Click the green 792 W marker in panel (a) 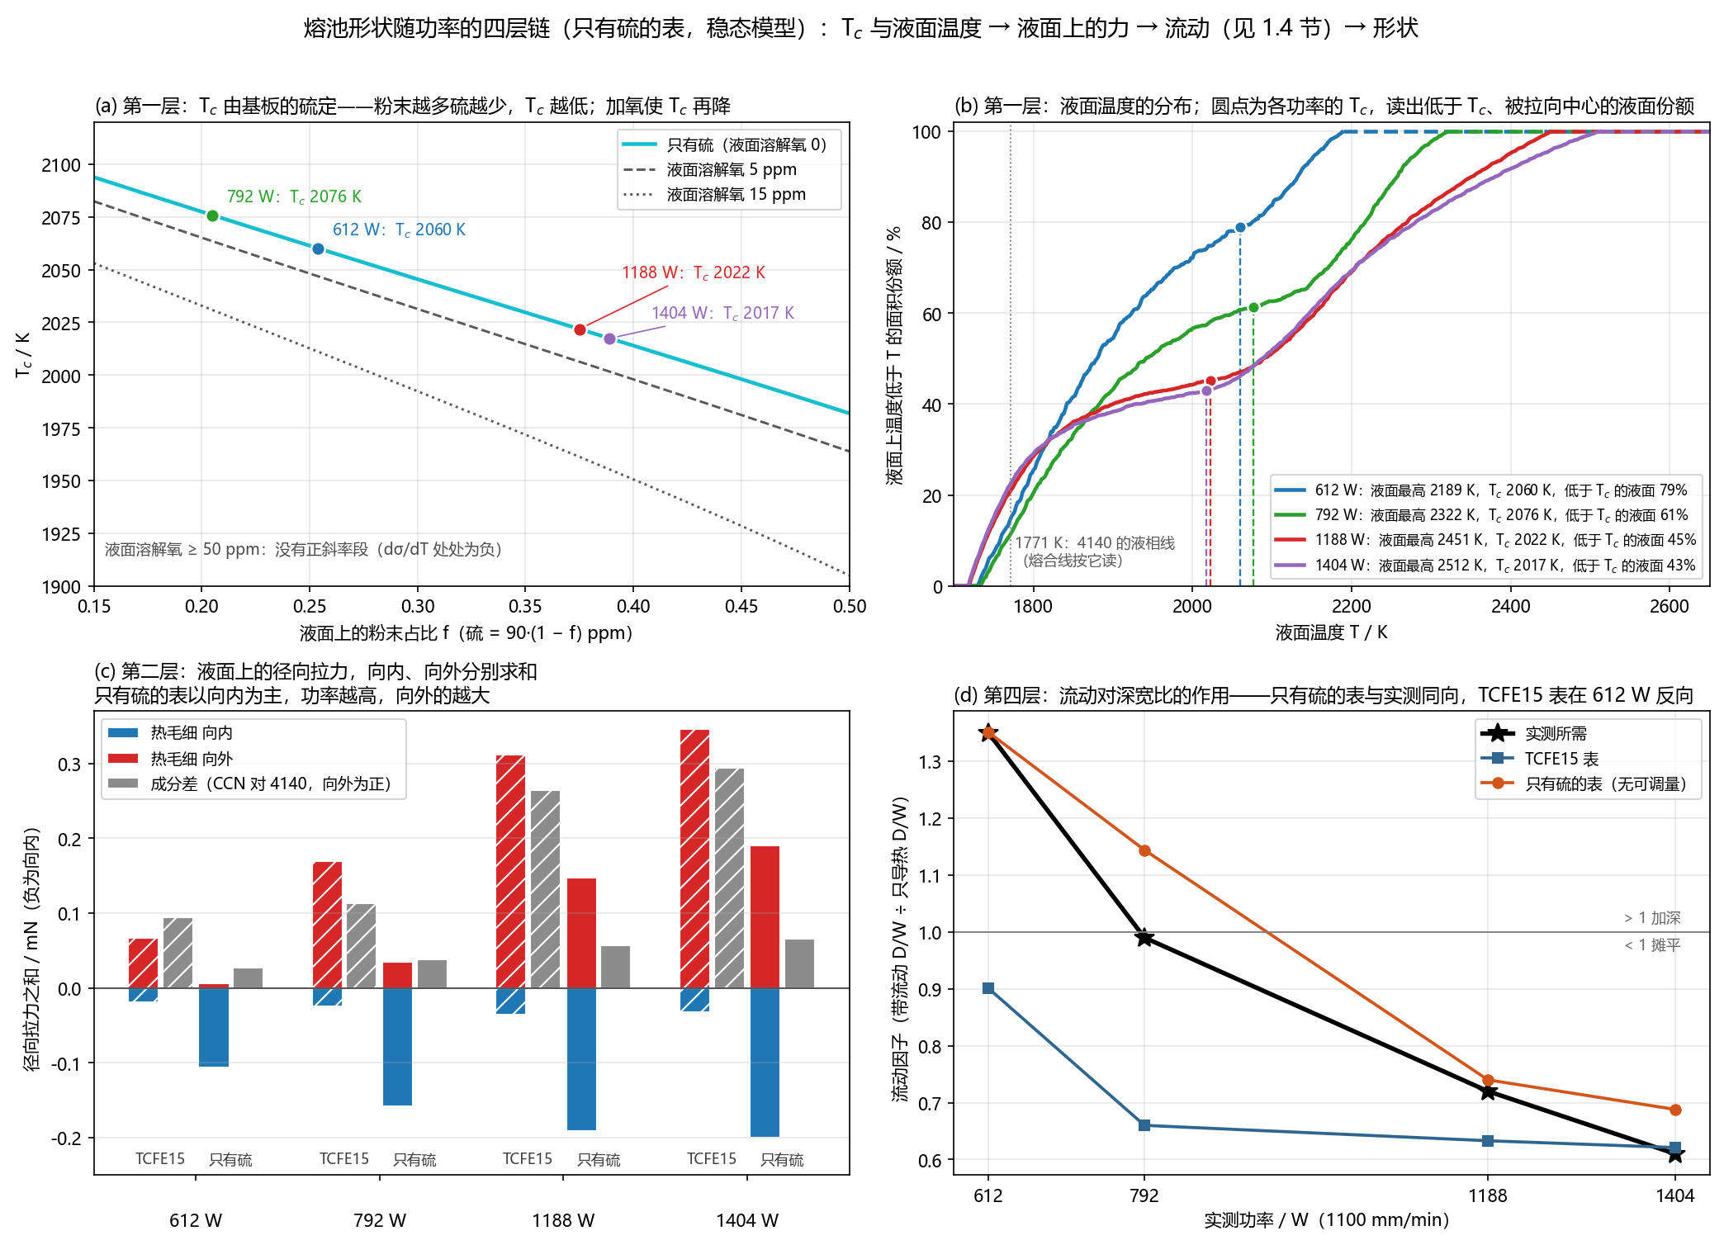click(x=212, y=216)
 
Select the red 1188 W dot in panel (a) click(x=580, y=330)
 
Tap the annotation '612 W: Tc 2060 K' click(x=399, y=230)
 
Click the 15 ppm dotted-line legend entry click(x=714, y=195)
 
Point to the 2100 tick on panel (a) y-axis click(x=61, y=165)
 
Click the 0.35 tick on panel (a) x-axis click(x=525, y=606)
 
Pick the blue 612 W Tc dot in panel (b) click(x=1240, y=228)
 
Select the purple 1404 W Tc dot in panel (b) click(x=1206, y=391)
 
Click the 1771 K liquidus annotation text click(x=1094, y=551)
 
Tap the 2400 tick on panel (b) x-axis click(x=1510, y=606)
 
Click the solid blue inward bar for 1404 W click(x=765, y=1062)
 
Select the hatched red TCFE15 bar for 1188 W click(x=510, y=872)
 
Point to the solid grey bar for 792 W click(x=432, y=974)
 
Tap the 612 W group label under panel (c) click(x=196, y=1220)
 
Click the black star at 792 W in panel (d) click(x=1144, y=938)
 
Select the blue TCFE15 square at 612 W click(x=988, y=988)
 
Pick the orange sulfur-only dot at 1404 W click(x=1675, y=1110)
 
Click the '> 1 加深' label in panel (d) click(x=1652, y=918)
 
